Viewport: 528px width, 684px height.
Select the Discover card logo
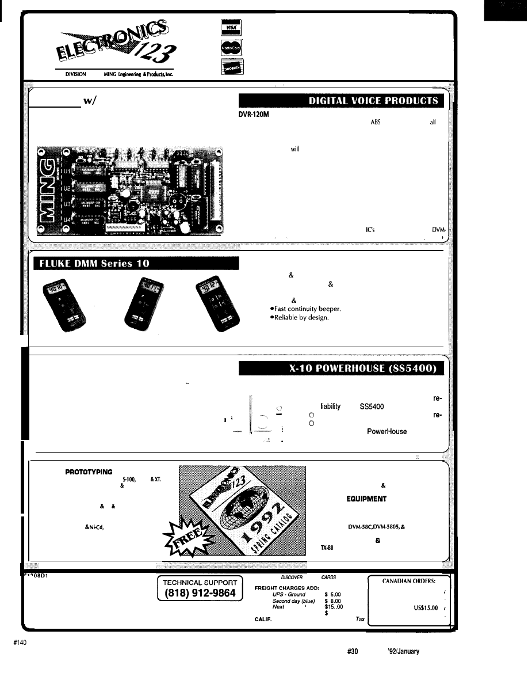pyautogui.click(x=227, y=68)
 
